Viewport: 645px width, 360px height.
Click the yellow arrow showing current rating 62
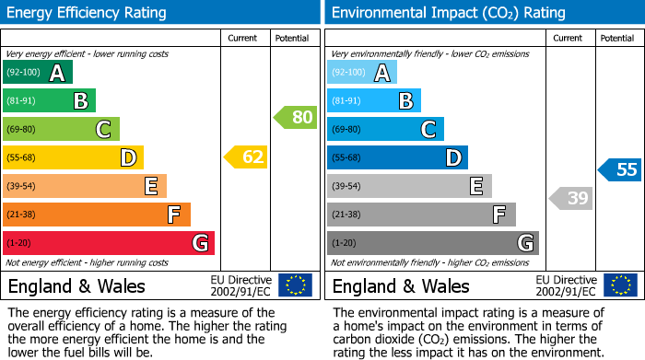pyautogui.click(x=246, y=157)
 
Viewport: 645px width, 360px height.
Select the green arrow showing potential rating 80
pyautogui.click(x=295, y=117)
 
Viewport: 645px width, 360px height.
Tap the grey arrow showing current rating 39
pyautogui.click(x=571, y=198)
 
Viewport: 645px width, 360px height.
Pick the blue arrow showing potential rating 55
pyautogui.click(x=619, y=169)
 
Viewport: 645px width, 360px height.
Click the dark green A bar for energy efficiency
pyautogui.click(x=37, y=73)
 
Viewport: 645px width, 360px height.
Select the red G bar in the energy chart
pyautogui.click(x=108, y=243)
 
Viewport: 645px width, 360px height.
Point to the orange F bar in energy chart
pyautogui.click(x=96, y=215)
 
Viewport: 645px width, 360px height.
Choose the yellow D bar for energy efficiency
pyautogui.click(x=73, y=157)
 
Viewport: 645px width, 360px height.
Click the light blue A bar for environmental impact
pyautogui.click(x=361, y=73)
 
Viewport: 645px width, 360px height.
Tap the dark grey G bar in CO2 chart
pyautogui.click(x=432, y=243)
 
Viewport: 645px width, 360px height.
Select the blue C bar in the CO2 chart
pyautogui.click(x=385, y=129)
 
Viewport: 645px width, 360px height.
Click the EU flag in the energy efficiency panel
pyautogui.click(x=295, y=285)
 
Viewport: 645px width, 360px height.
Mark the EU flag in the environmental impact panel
pyautogui.click(x=619, y=285)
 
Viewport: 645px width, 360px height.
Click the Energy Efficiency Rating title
pyautogui.click(x=88, y=13)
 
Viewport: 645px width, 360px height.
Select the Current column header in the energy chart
pyautogui.click(x=241, y=38)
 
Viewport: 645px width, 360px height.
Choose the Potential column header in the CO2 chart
pyautogui.click(x=616, y=38)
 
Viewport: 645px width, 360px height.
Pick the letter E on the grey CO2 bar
pyautogui.click(x=475, y=186)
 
